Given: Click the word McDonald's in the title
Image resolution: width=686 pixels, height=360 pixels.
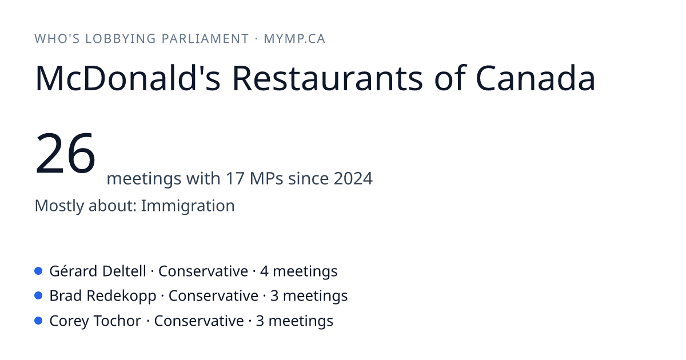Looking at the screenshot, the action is [x=127, y=78].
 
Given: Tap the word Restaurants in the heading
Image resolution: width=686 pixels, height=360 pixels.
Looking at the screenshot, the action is [x=328, y=78].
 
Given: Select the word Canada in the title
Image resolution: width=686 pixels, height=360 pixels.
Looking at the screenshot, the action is [x=535, y=78].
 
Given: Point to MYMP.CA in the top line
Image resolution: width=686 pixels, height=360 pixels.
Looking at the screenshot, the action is [x=294, y=39].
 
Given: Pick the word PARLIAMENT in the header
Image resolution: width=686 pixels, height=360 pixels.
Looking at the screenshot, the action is [x=205, y=39].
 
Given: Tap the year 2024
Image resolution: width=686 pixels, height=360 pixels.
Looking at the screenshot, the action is [x=353, y=178].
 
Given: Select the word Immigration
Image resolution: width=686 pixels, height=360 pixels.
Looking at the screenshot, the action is [x=188, y=206].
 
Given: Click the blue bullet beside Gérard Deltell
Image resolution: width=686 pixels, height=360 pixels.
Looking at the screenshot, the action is [x=38, y=271].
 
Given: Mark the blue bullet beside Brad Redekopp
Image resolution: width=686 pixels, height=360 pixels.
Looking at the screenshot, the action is [x=38, y=296].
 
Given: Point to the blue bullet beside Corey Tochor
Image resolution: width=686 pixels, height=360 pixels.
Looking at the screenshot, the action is [x=38, y=321].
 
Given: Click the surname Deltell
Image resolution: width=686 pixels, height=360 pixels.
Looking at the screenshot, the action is [x=123, y=271].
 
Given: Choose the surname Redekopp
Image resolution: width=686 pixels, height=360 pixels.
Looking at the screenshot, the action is [x=121, y=296].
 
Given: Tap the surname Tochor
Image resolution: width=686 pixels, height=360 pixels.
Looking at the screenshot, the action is [x=117, y=321].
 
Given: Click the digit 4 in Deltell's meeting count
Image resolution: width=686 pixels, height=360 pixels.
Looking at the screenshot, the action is [x=264, y=271].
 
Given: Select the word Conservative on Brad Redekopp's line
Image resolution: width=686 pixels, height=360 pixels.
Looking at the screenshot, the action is [x=213, y=296].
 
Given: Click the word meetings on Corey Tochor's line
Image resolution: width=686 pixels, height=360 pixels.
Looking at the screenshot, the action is [x=301, y=321].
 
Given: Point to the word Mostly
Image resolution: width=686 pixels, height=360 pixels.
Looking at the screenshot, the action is [x=59, y=206].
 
